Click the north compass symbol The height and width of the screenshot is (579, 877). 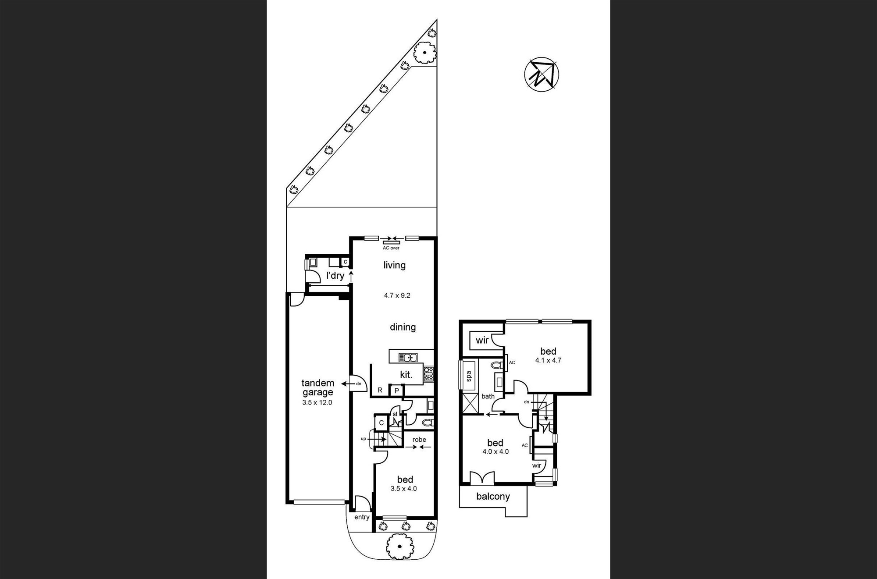542,74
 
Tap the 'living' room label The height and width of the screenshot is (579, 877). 394,265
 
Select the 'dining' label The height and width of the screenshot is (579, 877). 403,327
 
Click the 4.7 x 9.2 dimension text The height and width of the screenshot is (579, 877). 397,295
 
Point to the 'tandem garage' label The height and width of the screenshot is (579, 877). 317,388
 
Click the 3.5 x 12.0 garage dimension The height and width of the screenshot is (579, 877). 317,402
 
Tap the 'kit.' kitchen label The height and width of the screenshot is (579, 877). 406,375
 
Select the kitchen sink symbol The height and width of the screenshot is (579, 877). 408,358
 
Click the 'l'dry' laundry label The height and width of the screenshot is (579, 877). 335,276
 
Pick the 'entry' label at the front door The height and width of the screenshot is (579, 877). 362,517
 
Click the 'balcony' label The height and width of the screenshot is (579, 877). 493,497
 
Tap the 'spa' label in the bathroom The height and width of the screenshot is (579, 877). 468,375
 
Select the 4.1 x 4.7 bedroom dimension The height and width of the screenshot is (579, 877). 548,360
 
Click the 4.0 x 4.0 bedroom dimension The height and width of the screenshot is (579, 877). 496,451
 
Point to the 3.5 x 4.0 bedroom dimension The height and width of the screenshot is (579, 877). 403,489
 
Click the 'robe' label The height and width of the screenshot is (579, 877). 419,440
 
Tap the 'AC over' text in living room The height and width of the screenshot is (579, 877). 391,248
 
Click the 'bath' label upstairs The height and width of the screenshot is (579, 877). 488,396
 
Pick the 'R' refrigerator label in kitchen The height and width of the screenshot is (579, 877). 380,390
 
